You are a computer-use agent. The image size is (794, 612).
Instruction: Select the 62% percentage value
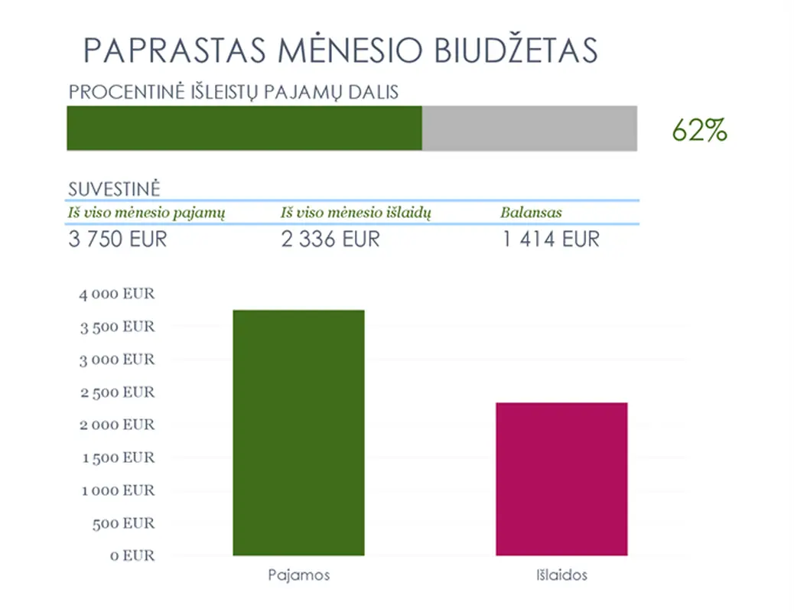point(699,131)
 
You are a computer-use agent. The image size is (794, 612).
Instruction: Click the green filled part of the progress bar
point(244,128)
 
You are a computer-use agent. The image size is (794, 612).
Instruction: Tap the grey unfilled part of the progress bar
point(529,128)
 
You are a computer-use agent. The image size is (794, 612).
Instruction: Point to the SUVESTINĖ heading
point(114,190)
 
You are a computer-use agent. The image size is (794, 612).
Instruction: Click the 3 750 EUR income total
point(117,239)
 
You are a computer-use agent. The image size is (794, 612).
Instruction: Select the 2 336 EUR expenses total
point(330,239)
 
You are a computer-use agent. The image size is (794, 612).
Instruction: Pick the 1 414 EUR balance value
point(551,239)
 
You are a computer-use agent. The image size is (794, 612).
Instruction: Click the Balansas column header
point(531,213)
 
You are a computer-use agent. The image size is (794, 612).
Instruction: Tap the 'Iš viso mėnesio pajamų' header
point(147,213)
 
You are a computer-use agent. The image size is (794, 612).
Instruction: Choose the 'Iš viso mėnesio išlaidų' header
point(356,213)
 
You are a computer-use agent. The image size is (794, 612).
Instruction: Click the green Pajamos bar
point(298,432)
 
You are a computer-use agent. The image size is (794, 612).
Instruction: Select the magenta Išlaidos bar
point(561,479)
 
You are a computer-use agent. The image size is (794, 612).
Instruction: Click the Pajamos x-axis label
point(298,575)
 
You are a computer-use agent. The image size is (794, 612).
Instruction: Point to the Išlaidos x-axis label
point(561,575)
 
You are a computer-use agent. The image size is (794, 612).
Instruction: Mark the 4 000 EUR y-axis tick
point(117,294)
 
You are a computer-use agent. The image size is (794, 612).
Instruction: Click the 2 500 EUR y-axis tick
point(117,392)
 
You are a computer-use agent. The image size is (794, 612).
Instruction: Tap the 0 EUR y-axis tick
point(133,556)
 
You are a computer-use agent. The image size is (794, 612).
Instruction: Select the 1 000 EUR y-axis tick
point(118,490)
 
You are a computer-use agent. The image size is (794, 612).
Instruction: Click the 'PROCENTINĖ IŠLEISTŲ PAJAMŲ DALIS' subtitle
point(233,93)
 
